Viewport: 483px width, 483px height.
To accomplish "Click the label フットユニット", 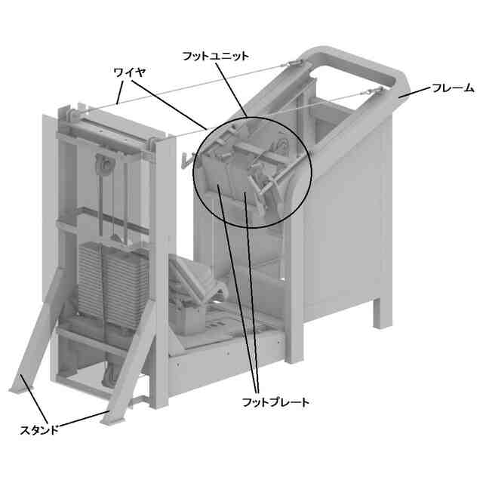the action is tap(215, 57).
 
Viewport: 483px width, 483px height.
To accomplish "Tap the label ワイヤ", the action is tap(129, 73).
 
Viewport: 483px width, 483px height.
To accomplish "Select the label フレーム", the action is tap(453, 88).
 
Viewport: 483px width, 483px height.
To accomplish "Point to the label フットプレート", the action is tap(275, 402).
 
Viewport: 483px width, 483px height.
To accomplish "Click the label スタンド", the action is tap(39, 429).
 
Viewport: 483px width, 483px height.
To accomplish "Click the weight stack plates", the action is tap(112, 285).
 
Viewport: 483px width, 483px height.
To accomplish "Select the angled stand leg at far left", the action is tap(38, 331).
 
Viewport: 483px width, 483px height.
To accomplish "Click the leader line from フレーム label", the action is tap(414, 93).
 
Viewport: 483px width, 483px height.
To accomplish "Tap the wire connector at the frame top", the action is tap(295, 63).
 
